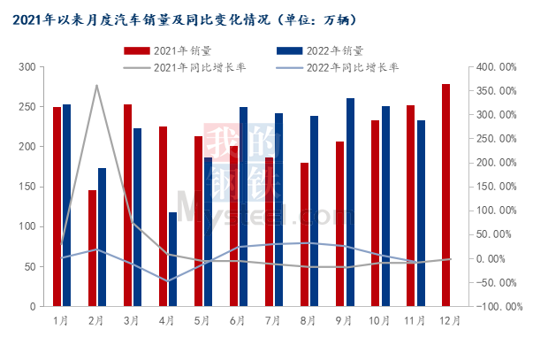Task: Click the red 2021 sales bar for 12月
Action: tap(446, 195)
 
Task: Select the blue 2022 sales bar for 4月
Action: tap(172, 259)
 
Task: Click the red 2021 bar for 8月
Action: tap(305, 234)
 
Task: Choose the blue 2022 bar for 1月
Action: tap(66, 205)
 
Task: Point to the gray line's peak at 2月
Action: tap(96, 86)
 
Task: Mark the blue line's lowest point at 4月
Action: tap(167, 281)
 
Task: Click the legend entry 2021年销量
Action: tap(168, 50)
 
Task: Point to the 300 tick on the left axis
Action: tap(27, 67)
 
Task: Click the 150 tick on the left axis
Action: tap(27, 187)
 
